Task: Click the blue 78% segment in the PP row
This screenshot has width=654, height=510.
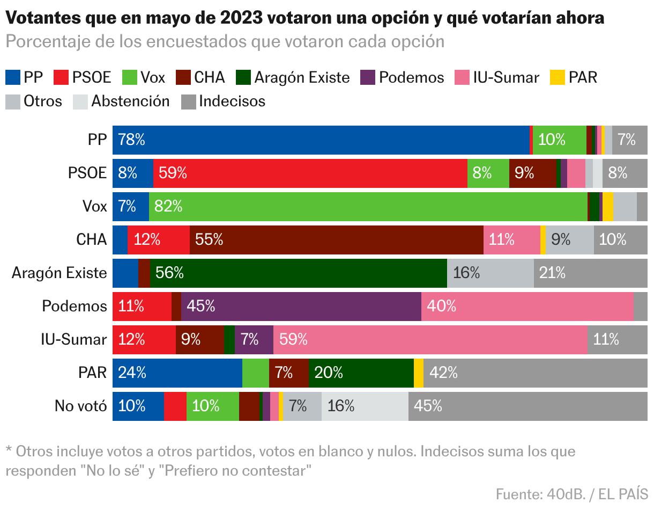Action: point(321,140)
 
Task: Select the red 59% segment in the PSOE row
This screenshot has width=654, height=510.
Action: point(310,173)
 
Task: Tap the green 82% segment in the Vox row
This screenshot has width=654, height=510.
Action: point(368,207)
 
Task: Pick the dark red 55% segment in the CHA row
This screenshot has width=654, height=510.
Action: point(336,240)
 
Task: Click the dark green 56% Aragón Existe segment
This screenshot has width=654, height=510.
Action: point(298,273)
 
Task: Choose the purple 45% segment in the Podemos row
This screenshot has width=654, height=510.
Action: point(301,307)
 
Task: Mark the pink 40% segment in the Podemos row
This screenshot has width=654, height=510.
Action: point(527,307)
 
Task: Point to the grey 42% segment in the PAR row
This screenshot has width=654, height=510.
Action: point(535,373)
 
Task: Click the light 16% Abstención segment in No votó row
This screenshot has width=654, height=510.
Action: point(365,406)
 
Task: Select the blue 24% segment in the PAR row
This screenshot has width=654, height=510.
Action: point(177,373)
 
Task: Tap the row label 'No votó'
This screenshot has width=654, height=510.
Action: point(80,406)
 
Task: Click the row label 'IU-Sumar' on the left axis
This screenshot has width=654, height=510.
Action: point(74,340)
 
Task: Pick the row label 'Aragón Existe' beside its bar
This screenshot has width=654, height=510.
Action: point(60,273)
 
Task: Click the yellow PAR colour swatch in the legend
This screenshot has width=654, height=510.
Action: point(558,78)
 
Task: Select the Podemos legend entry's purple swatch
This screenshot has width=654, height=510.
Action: point(368,78)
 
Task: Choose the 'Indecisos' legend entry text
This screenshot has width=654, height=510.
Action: point(232,101)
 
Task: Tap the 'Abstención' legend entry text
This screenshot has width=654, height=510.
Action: point(130,101)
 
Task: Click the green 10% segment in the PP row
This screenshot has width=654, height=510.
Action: point(559,140)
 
